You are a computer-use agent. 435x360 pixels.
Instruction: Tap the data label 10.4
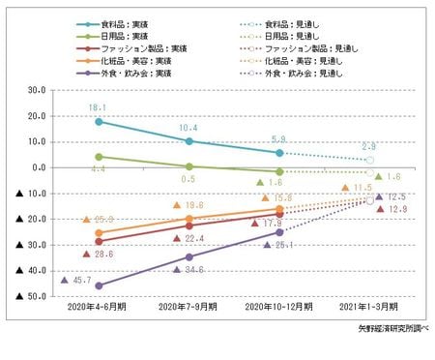(x=189, y=128)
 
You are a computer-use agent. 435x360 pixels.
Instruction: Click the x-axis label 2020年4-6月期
(x=99, y=307)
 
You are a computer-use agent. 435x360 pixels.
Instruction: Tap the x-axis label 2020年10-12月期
(x=278, y=307)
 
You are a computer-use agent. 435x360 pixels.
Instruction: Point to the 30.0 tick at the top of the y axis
(x=37, y=90)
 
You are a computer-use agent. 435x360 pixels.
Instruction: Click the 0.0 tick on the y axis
(x=39, y=167)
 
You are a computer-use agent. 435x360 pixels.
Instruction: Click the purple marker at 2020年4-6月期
(x=99, y=285)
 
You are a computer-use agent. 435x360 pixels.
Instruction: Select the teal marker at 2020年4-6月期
(x=99, y=121)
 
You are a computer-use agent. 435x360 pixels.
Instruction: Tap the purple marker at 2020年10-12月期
(x=279, y=232)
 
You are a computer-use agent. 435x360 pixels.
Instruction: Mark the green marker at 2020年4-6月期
(x=99, y=156)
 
